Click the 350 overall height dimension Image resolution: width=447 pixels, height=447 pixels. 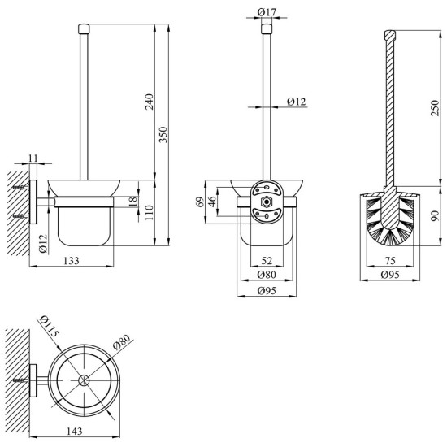[x=163, y=135]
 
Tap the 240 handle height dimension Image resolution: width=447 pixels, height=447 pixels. [x=149, y=102]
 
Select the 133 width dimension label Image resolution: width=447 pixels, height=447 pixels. [x=71, y=261]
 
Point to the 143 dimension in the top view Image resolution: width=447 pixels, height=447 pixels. [x=75, y=431]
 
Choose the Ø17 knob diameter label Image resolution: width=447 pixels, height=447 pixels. [x=267, y=12]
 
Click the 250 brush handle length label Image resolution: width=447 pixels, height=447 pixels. [x=436, y=108]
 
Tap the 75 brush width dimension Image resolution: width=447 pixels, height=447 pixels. [x=390, y=261]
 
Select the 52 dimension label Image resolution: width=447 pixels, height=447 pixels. [x=267, y=261]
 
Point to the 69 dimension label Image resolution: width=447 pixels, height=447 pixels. [x=201, y=202]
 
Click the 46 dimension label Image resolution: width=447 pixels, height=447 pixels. [x=212, y=202]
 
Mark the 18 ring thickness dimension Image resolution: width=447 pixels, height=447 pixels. [x=133, y=202]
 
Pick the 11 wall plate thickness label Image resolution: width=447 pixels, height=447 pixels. [x=33, y=158]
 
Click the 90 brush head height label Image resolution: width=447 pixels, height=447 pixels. [x=436, y=216]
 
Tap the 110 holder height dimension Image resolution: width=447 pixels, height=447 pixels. [x=149, y=213]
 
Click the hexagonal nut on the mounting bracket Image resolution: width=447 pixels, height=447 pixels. [x=267, y=202]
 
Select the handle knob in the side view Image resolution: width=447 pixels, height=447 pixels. [x=84, y=28]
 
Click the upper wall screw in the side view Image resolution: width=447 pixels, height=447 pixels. [x=21, y=188]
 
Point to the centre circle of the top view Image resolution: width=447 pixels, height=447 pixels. [x=84, y=380]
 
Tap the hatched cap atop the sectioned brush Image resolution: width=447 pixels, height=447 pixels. [x=390, y=35]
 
